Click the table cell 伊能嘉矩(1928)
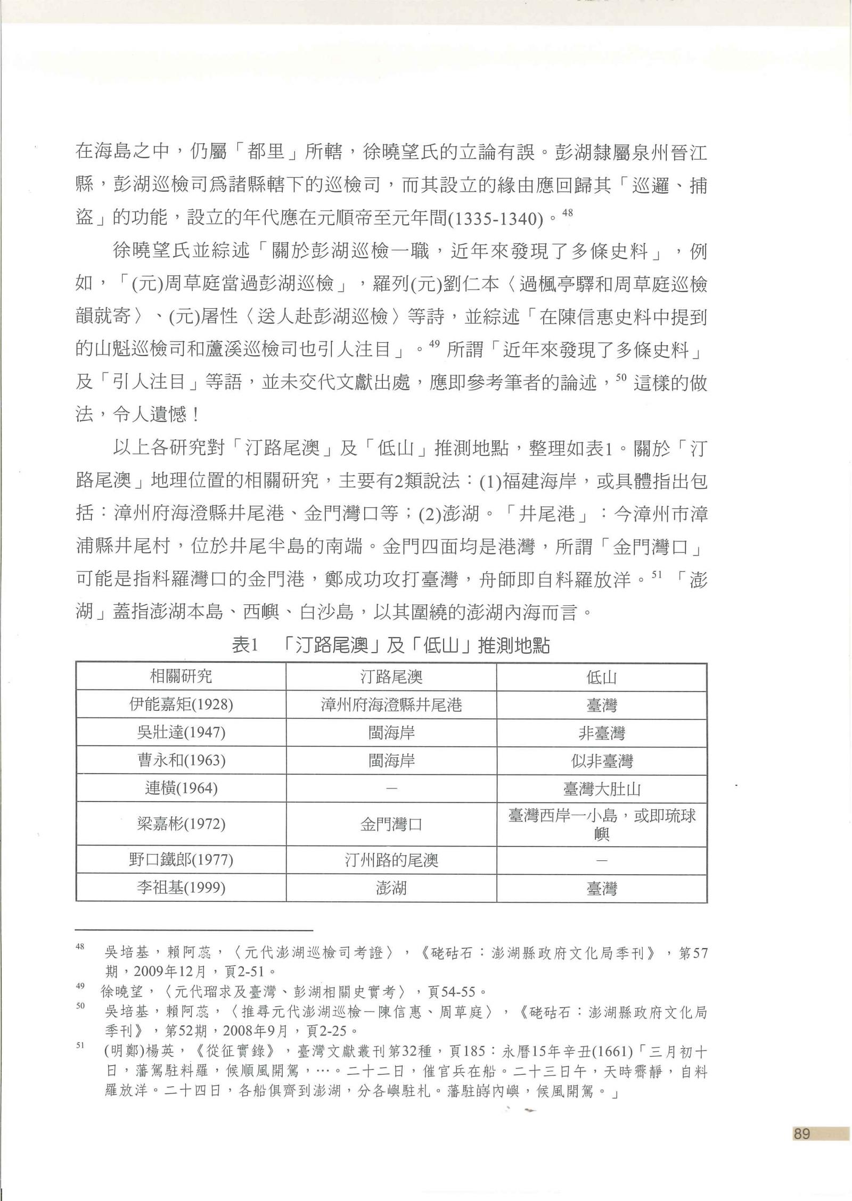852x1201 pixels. coord(181,705)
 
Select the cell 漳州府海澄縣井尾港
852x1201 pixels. coord(391,705)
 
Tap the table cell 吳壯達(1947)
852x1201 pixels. coord(181,733)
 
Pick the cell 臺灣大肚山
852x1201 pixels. coord(602,788)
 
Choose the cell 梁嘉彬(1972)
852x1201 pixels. coord(181,824)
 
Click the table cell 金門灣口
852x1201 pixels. coord(391,825)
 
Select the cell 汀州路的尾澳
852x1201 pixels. coord(391,860)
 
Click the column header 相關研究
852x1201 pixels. coord(181,677)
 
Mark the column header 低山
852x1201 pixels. coord(602,677)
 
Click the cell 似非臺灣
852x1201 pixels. coord(602,761)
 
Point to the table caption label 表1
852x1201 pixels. coord(245,646)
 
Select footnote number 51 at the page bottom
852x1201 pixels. coord(80,1046)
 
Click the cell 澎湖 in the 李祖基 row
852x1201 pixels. coord(391,888)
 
